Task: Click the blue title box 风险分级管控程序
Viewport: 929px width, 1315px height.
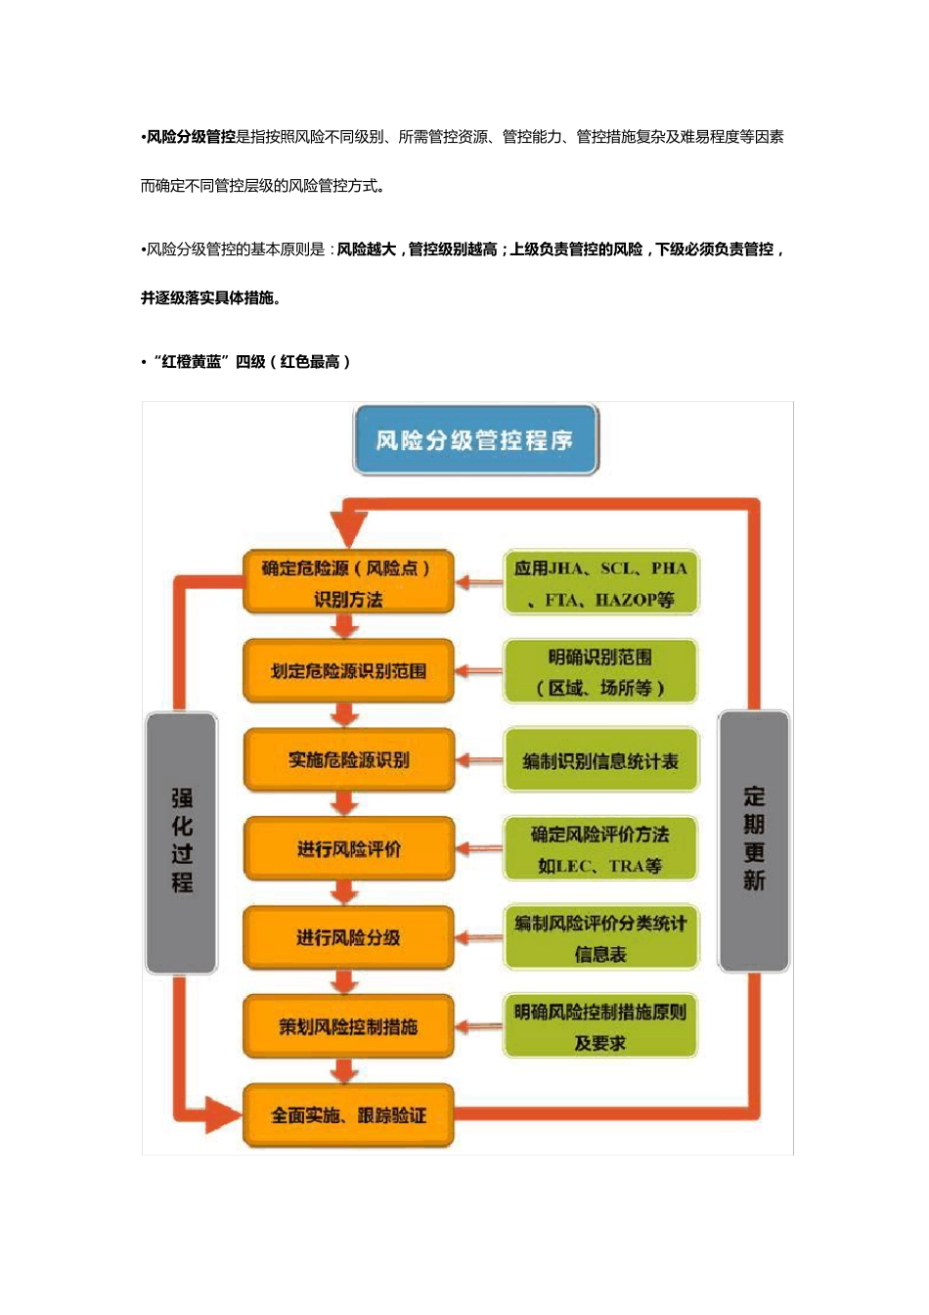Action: pos(475,440)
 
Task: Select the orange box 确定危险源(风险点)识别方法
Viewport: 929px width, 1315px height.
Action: pos(348,583)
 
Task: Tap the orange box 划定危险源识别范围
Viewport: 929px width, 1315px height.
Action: pos(348,671)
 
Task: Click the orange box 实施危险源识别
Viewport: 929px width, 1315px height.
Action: pos(348,760)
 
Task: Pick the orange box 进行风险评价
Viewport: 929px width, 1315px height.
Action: pos(348,849)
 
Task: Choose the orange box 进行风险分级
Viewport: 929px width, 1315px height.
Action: pos(348,938)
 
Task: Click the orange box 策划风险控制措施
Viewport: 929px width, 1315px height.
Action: pos(348,1026)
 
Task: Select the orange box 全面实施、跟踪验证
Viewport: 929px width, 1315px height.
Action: pos(348,1115)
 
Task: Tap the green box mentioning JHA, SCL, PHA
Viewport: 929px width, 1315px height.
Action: pos(600,583)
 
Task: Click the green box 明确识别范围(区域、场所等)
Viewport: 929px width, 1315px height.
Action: pos(600,672)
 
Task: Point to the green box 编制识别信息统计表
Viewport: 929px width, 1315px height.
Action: pos(600,761)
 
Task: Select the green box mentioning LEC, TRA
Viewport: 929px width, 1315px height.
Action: pos(600,849)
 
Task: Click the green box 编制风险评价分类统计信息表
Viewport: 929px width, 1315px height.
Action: pos(600,938)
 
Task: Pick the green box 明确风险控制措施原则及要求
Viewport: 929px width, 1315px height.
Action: pos(600,1026)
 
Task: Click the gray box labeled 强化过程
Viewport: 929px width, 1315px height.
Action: pos(182,842)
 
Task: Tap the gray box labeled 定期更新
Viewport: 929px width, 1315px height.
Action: pos(753,840)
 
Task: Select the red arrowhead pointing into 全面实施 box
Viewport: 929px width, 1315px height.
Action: pos(222,1114)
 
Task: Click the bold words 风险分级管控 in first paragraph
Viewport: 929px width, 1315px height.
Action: pos(192,137)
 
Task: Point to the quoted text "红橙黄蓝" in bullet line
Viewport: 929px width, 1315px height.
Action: pos(191,362)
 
